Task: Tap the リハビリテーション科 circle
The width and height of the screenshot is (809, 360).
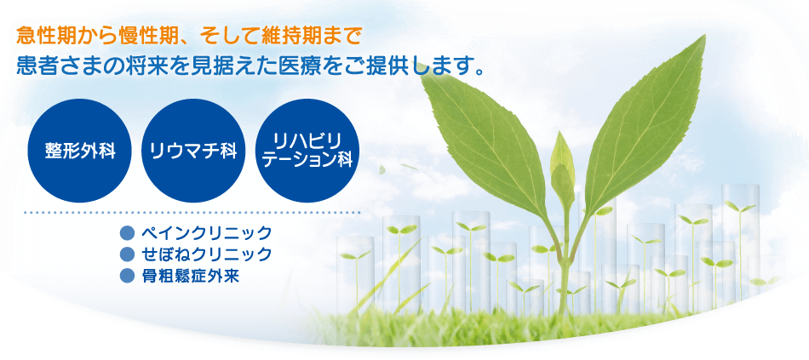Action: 307,151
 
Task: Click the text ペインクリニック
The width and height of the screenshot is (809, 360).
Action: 206,233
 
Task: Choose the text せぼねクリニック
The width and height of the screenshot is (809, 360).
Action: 206,254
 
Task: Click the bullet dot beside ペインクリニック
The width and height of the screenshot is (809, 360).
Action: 126,233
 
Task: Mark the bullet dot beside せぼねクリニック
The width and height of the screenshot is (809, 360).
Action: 126,254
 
